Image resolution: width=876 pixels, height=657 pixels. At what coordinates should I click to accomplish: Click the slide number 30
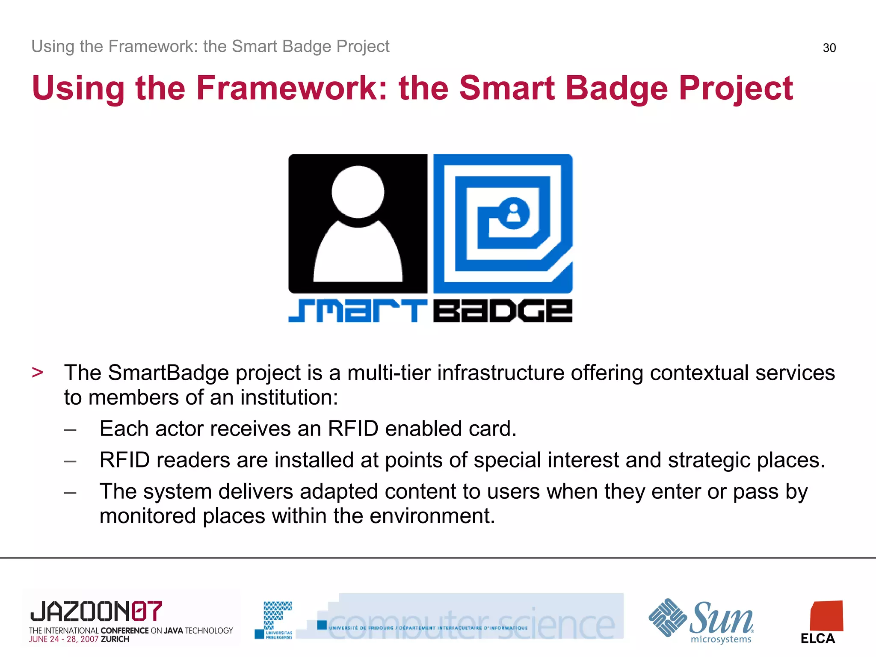[x=829, y=48]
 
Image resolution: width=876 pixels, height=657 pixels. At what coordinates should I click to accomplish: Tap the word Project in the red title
[x=736, y=88]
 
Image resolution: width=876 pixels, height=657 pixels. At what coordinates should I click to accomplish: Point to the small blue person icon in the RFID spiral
[x=513, y=213]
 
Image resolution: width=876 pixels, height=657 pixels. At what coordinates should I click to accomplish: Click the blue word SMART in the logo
[x=358, y=311]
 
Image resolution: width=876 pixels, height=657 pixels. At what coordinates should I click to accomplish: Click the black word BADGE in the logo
[x=503, y=311]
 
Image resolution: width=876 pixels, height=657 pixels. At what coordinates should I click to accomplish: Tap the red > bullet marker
[x=38, y=373]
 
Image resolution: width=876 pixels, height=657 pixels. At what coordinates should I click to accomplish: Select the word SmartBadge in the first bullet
[x=169, y=373]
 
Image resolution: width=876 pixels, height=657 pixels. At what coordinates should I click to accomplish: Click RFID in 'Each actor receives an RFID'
[x=353, y=429]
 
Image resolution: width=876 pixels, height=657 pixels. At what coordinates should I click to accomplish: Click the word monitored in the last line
[x=148, y=516]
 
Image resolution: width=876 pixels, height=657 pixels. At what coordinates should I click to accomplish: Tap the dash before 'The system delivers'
[x=70, y=493]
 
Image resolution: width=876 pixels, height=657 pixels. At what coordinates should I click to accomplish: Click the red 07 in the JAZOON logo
[x=147, y=611]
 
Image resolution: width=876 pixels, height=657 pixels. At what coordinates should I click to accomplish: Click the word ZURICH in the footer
[x=115, y=639]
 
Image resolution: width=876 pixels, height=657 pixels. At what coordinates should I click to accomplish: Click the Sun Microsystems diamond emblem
[x=667, y=618]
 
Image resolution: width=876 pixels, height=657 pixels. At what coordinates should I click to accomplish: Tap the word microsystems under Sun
[x=721, y=639]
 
